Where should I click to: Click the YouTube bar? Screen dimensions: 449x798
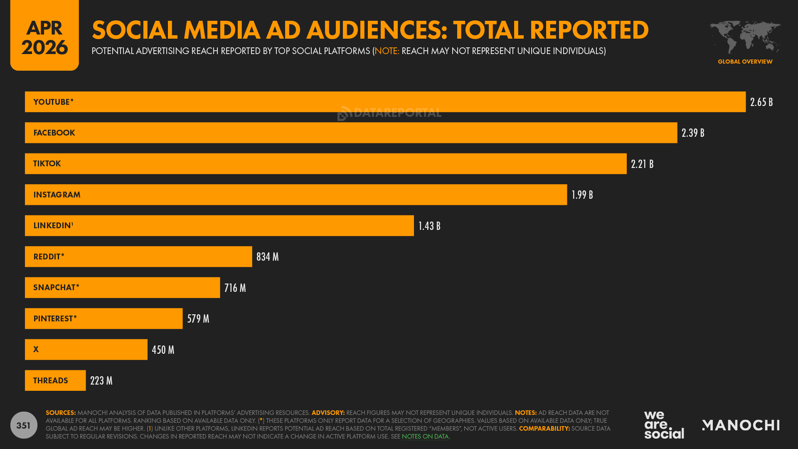click(385, 102)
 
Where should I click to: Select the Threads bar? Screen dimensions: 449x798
click(55, 380)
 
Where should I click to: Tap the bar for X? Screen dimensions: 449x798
click(86, 350)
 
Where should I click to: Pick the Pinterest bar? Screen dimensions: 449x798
click(103, 318)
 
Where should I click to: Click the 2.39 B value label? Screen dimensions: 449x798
click(693, 133)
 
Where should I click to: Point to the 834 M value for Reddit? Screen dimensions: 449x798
click(267, 257)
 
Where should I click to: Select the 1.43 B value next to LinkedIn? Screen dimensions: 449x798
click(429, 226)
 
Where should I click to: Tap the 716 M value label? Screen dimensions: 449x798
click(235, 288)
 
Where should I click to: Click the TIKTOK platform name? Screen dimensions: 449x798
click(47, 164)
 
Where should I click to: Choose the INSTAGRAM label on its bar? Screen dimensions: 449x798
click(57, 195)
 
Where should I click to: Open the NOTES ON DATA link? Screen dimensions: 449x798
click(425, 437)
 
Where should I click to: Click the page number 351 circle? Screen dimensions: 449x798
click(24, 425)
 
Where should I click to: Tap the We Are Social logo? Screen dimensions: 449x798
click(664, 424)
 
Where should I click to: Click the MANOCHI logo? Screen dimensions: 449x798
click(741, 425)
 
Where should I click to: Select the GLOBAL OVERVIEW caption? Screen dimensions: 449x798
click(745, 62)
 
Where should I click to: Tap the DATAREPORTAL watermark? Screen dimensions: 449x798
click(389, 113)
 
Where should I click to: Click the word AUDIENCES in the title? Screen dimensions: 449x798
click(377, 30)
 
